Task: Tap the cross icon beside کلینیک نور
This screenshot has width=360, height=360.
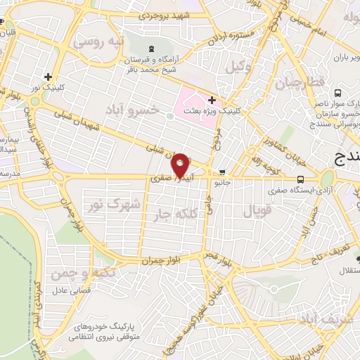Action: pos(48,77)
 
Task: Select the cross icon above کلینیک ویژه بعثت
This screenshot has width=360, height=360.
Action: pos(212,100)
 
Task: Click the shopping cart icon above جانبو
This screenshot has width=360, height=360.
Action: pos(223,172)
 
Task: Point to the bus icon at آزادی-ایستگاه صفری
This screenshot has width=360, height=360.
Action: pos(301,179)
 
